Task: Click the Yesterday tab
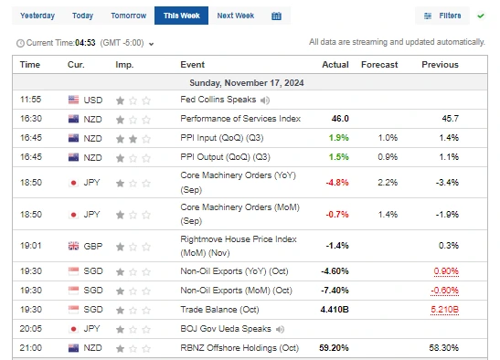point(37,16)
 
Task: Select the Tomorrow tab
point(128,16)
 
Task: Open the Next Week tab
point(236,16)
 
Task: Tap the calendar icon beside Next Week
point(276,16)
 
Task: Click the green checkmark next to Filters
point(481,16)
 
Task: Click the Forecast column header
point(380,64)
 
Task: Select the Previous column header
point(440,64)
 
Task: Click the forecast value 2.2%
point(388,182)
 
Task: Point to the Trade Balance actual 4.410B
point(332,309)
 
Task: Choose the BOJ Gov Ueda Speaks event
point(224,328)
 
